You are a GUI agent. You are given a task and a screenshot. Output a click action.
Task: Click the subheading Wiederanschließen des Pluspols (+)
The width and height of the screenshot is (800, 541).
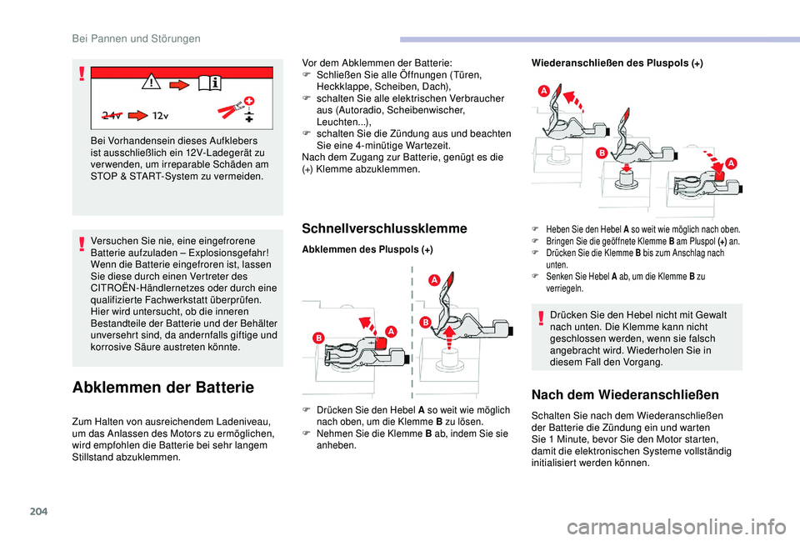point(617,63)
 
